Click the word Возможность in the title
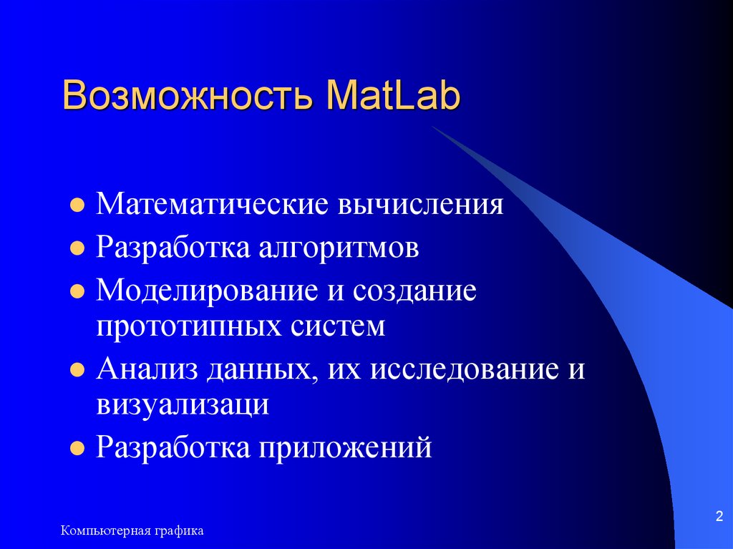[188, 97]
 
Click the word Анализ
[147, 370]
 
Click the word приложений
[346, 449]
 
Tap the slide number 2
[718, 517]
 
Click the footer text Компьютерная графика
[132, 530]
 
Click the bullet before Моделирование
[75, 293]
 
